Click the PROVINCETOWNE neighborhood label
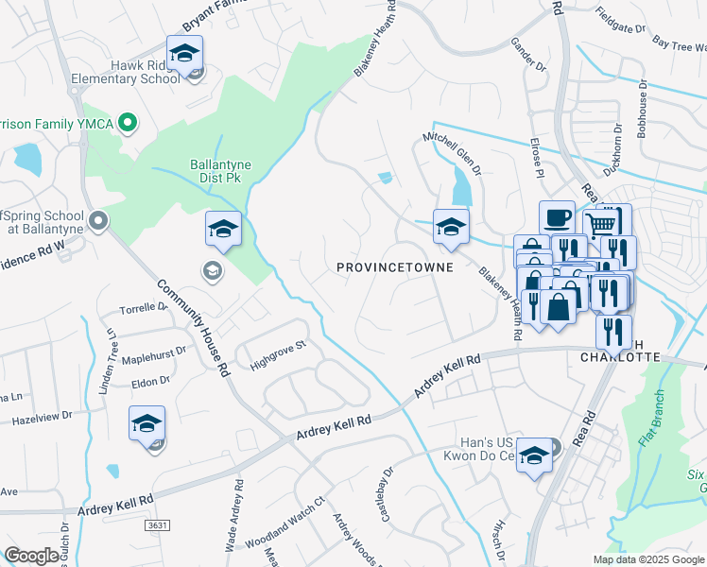tap(395, 267)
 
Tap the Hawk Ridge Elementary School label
tap(131, 73)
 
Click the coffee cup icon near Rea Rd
tap(557, 218)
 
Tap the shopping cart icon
tap(600, 225)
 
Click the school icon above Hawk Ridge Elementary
tap(185, 53)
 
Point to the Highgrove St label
tap(279, 352)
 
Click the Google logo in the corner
tap(30, 556)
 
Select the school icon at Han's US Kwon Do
tap(534, 457)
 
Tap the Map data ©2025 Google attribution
tap(647, 559)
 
